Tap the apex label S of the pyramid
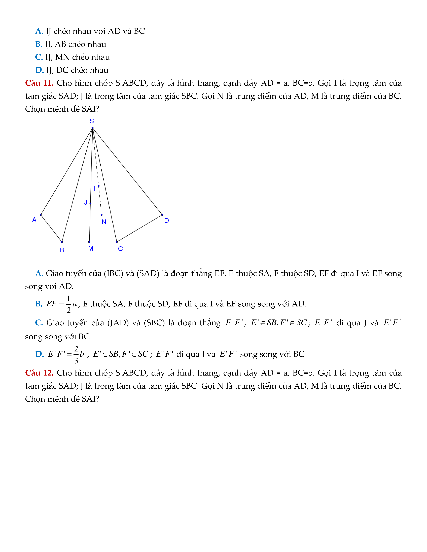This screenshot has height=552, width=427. tap(92, 121)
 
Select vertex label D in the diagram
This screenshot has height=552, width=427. tap(166, 221)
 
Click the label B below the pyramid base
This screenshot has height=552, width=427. tap(62, 250)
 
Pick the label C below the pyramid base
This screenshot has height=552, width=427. tap(120, 249)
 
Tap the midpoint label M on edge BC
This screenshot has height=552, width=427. tap(91, 249)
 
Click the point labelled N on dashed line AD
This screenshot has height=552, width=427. tap(102, 215)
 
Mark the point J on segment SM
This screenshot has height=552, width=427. tap(90, 203)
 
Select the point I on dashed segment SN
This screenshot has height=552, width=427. tap(98, 186)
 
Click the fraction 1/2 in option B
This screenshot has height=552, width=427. tap(68, 304)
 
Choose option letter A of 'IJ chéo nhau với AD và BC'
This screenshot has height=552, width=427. tap(39, 31)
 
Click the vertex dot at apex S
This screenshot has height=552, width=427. tap(93, 128)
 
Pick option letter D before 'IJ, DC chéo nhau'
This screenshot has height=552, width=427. tap(39, 70)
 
